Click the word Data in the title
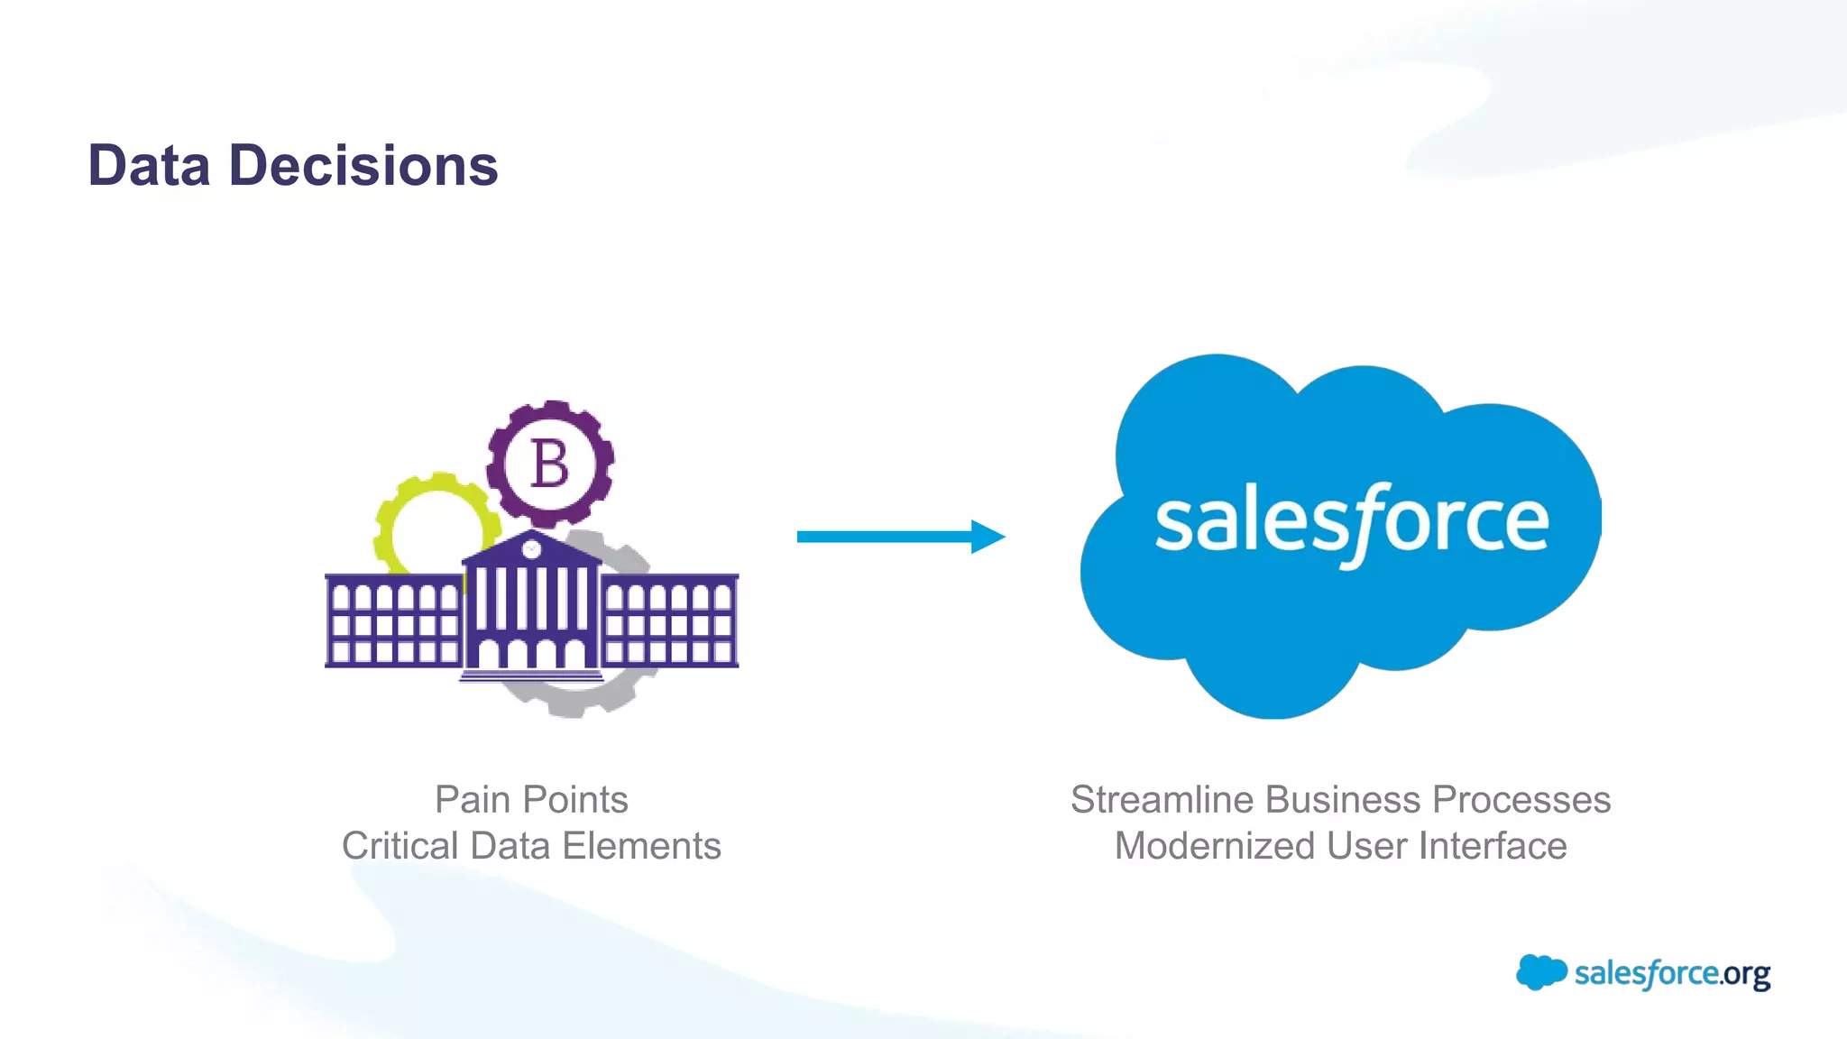click(149, 166)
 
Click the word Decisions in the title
click(363, 166)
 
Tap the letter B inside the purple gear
click(549, 464)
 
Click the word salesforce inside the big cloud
click(1351, 523)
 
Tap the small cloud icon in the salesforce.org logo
click(1540, 972)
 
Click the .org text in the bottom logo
click(1745, 975)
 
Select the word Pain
click(473, 800)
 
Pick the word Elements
click(641, 846)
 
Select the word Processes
click(1521, 800)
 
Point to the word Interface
click(1493, 846)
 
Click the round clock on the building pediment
click(532, 548)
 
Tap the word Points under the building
click(574, 800)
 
